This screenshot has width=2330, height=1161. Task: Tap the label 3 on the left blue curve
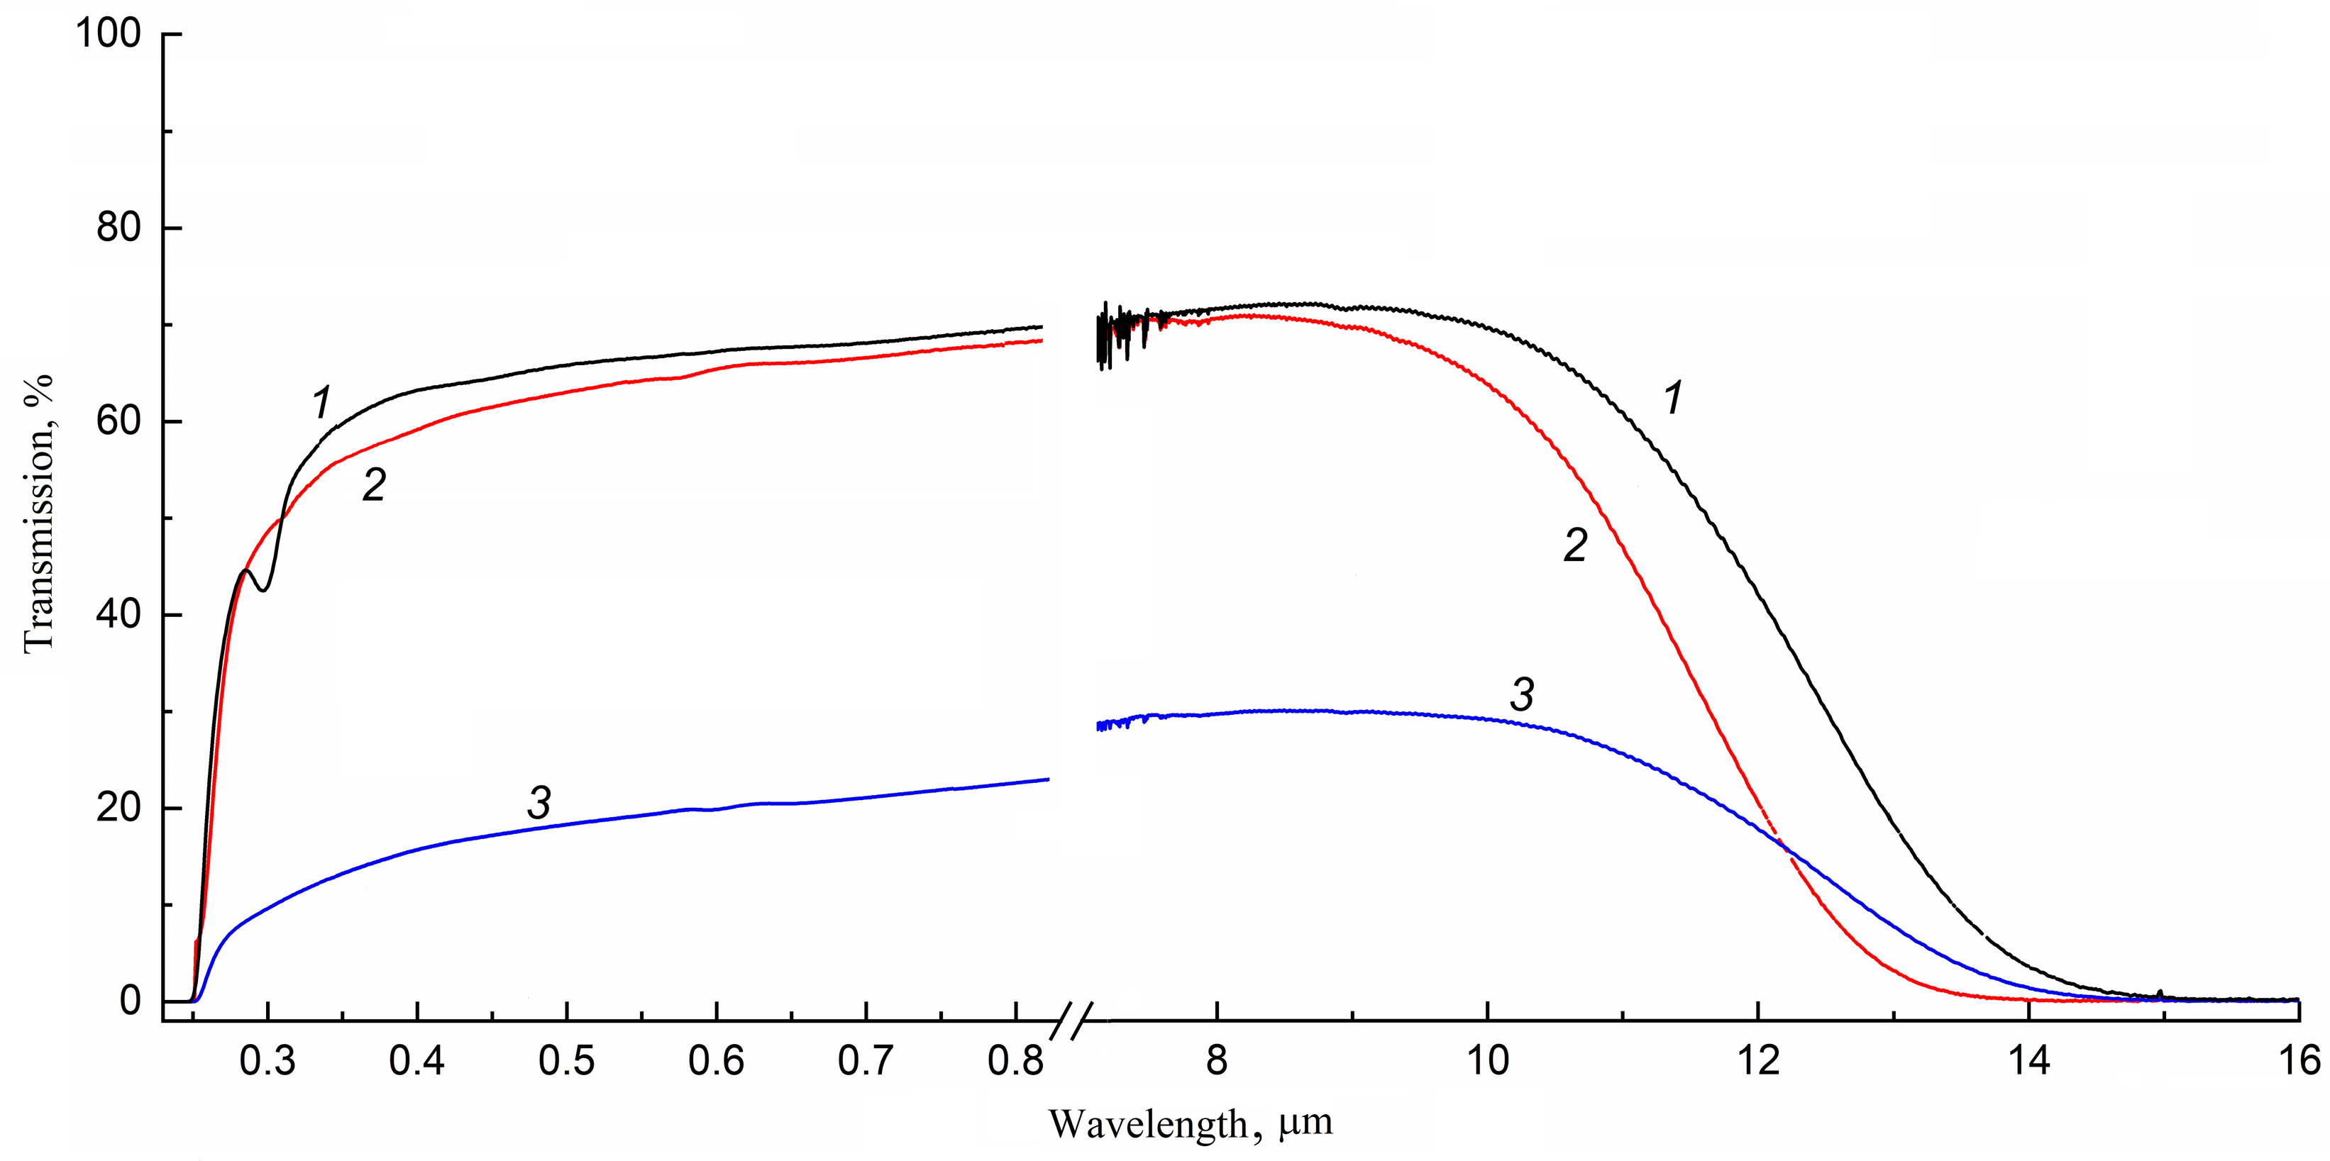pos(539,804)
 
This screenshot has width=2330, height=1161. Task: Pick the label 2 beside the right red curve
pos(1575,546)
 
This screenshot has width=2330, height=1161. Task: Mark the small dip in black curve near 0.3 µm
pos(263,589)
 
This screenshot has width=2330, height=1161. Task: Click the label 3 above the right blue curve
pos(1523,694)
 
